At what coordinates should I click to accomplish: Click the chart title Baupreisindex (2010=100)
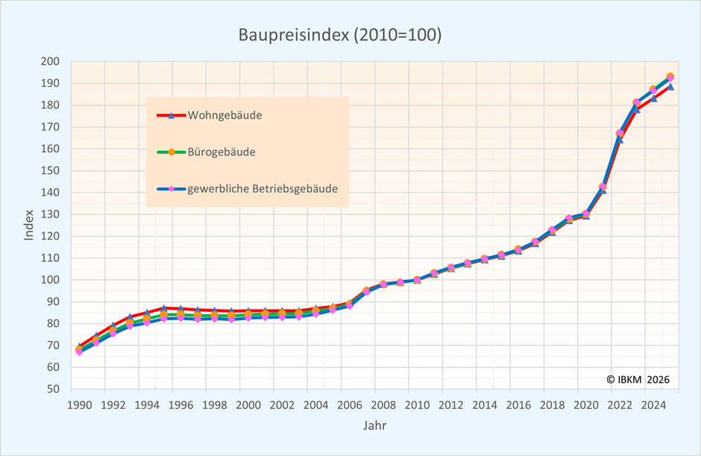tap(340, 35)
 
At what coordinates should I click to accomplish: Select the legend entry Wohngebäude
tap(224, 116)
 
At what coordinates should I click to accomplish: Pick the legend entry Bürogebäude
tap(221, 152)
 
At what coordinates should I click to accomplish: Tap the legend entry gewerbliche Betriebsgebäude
tap(263, 189)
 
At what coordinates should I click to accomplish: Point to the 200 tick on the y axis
tap(51, 62)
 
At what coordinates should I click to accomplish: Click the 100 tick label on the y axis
tap(51, 280)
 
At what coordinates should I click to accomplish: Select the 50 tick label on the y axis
tap(53, 389)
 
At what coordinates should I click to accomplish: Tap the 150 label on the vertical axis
tap(51, 171)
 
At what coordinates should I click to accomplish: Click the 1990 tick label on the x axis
tap(80, 405)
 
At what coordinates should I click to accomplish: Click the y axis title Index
tap(29, 225)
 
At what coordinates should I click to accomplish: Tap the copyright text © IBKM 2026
tap(638, 379)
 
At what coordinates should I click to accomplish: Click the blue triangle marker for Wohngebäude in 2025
tap(670, 87)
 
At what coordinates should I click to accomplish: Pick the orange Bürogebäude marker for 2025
tap(670, 76)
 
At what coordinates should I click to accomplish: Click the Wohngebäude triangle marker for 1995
tap(164, 307)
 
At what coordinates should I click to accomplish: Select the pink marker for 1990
tap(80, 352)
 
